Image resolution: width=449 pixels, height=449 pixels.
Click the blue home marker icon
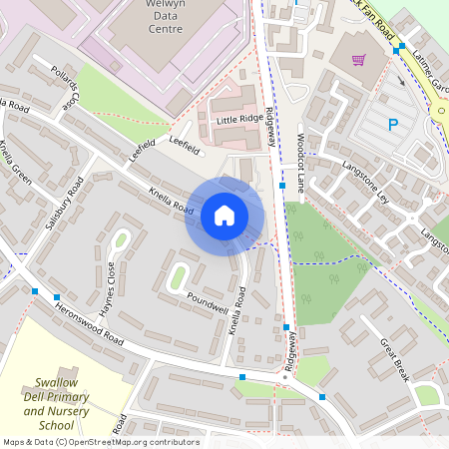[224, 215]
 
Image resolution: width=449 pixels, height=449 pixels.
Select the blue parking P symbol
[392, 125]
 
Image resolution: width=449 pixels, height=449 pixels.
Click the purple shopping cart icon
[358, 60]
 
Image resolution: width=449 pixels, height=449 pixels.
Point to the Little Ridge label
[237, 119]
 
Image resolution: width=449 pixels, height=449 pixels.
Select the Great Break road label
[393, 358]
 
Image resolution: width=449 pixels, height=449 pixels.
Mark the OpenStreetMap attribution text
[100, 442]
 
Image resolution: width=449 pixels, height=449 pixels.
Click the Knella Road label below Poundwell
[237, 310]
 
